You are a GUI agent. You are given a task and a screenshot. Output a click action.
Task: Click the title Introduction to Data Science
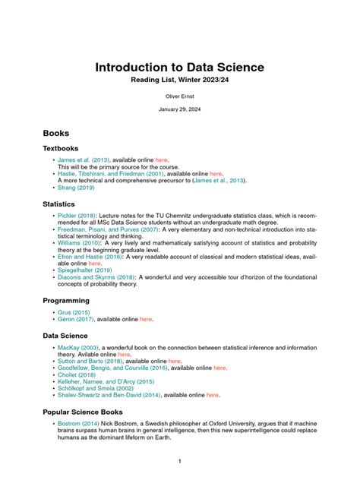179,67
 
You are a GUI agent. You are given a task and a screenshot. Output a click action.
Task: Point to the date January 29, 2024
179,109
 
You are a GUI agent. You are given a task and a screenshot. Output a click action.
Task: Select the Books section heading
56,132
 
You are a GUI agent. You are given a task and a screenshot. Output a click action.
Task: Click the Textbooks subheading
61,148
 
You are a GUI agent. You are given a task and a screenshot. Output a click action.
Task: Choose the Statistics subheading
58,204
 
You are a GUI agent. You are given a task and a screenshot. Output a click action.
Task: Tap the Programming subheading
66,301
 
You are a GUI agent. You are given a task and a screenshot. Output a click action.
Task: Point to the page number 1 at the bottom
179,461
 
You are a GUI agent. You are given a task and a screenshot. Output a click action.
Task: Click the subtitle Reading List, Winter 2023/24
179,80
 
